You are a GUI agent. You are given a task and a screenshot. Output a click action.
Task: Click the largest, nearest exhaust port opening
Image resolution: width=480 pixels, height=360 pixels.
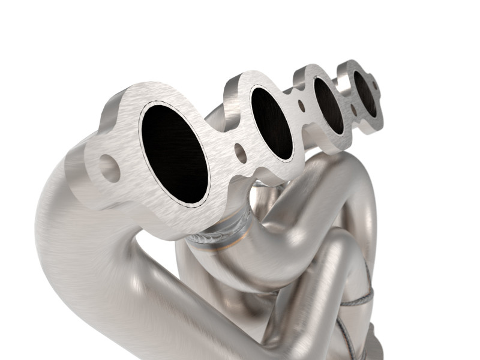[174, 152]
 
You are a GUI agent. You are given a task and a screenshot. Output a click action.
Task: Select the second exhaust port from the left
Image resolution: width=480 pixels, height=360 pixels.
[271, 123]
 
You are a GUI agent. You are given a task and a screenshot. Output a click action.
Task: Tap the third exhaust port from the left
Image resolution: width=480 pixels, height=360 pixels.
[328, 106]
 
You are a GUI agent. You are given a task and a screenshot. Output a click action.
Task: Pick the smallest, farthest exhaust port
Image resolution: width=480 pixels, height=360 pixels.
[364, 94]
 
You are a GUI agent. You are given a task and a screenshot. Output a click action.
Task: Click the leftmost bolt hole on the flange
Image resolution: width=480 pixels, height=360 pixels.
[109, 168]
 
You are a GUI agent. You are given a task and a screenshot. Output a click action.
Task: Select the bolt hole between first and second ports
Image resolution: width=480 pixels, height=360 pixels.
[240, 154]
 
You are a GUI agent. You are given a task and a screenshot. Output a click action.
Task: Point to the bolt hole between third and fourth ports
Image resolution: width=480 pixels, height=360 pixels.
[353, 110]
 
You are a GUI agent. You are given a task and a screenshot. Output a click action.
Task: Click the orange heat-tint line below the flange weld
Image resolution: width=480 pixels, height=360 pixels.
[225, 247]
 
